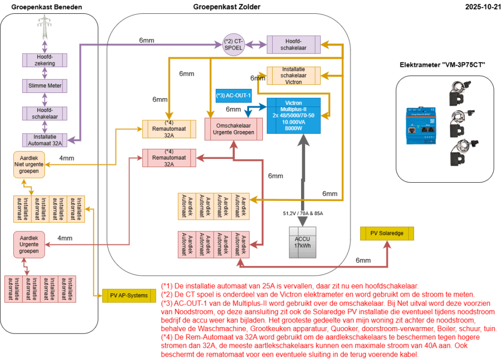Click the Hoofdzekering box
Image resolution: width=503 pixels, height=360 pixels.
45,60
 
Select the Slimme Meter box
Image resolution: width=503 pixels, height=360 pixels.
45,86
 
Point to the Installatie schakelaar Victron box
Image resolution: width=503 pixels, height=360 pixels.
293,76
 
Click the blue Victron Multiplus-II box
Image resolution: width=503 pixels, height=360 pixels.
293,116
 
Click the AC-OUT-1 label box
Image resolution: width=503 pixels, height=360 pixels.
234,95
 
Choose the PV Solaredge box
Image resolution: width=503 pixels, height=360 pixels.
387,233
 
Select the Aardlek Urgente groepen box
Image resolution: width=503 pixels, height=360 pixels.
29,244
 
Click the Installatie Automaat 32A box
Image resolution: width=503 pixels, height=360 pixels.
45,140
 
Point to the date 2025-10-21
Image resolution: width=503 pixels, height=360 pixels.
482,6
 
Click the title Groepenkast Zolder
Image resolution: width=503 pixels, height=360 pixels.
227,6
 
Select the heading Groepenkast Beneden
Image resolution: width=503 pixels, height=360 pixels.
47,7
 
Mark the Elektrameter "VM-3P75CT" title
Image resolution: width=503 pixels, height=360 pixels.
439,64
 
